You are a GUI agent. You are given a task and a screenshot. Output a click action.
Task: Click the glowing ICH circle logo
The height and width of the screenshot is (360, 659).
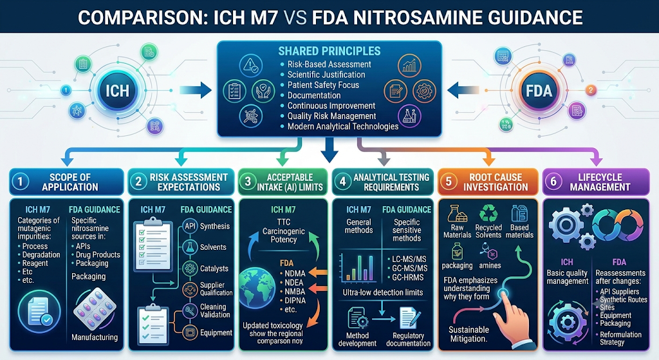click(x=117, y=91)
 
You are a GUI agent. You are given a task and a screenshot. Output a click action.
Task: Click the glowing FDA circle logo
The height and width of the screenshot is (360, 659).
click(x=539, y=91)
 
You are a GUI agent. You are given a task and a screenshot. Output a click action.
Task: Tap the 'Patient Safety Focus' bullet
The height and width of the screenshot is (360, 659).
click(x=323, y=85)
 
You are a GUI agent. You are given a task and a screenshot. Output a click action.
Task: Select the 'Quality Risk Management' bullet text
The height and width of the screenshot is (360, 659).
click(x=331, y=116)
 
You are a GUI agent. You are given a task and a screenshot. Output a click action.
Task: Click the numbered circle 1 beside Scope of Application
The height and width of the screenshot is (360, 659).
click(x=20, y=182)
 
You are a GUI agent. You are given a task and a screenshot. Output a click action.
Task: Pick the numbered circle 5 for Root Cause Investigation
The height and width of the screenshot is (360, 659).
click(x=449, y=182)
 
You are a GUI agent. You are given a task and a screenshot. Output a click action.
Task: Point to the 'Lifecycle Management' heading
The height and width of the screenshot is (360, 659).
click(x=600, y=182)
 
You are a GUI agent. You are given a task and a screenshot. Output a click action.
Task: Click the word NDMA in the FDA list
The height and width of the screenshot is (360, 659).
click(x=295, y=273)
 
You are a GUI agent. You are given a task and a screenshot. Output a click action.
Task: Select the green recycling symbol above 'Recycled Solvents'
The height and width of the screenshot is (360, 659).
click(x=488, y=213)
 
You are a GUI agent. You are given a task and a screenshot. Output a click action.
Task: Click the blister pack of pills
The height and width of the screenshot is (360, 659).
click(x=95, y=309)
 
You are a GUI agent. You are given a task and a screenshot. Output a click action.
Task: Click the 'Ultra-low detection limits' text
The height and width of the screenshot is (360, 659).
click(x=383, y=292)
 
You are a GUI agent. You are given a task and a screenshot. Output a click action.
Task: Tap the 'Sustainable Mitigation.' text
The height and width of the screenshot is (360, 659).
click(x=469, y=334)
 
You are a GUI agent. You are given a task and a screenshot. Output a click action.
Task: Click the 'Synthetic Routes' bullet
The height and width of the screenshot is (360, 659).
click(x=623, y=299)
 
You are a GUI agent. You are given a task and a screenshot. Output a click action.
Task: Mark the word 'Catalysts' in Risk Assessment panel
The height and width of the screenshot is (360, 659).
click(x=214, y=269)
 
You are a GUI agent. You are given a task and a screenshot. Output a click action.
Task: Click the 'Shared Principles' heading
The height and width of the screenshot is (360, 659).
click(x=329, y=52)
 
